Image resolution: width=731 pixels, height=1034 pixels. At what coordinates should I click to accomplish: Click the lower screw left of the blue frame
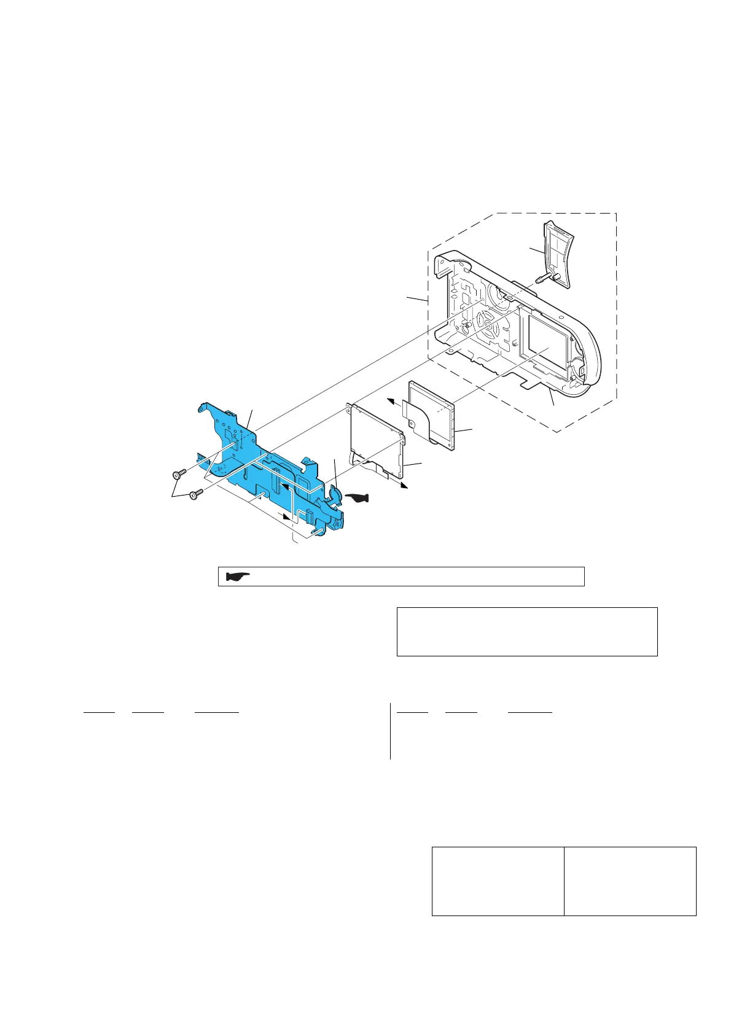coord(196,494)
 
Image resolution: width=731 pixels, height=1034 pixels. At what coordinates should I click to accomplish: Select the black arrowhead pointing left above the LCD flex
coord(389,401)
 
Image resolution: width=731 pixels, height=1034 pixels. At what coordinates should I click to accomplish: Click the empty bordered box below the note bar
coord(527,631)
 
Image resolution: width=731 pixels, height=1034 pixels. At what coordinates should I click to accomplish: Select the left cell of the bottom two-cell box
coord(498,881)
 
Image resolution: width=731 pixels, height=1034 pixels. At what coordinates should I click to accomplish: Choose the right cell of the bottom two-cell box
coord(630,881)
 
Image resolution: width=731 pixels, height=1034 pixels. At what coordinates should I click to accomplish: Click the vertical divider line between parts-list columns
coord(390,731)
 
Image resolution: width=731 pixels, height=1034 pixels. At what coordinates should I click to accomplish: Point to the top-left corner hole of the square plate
coord(350,406)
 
